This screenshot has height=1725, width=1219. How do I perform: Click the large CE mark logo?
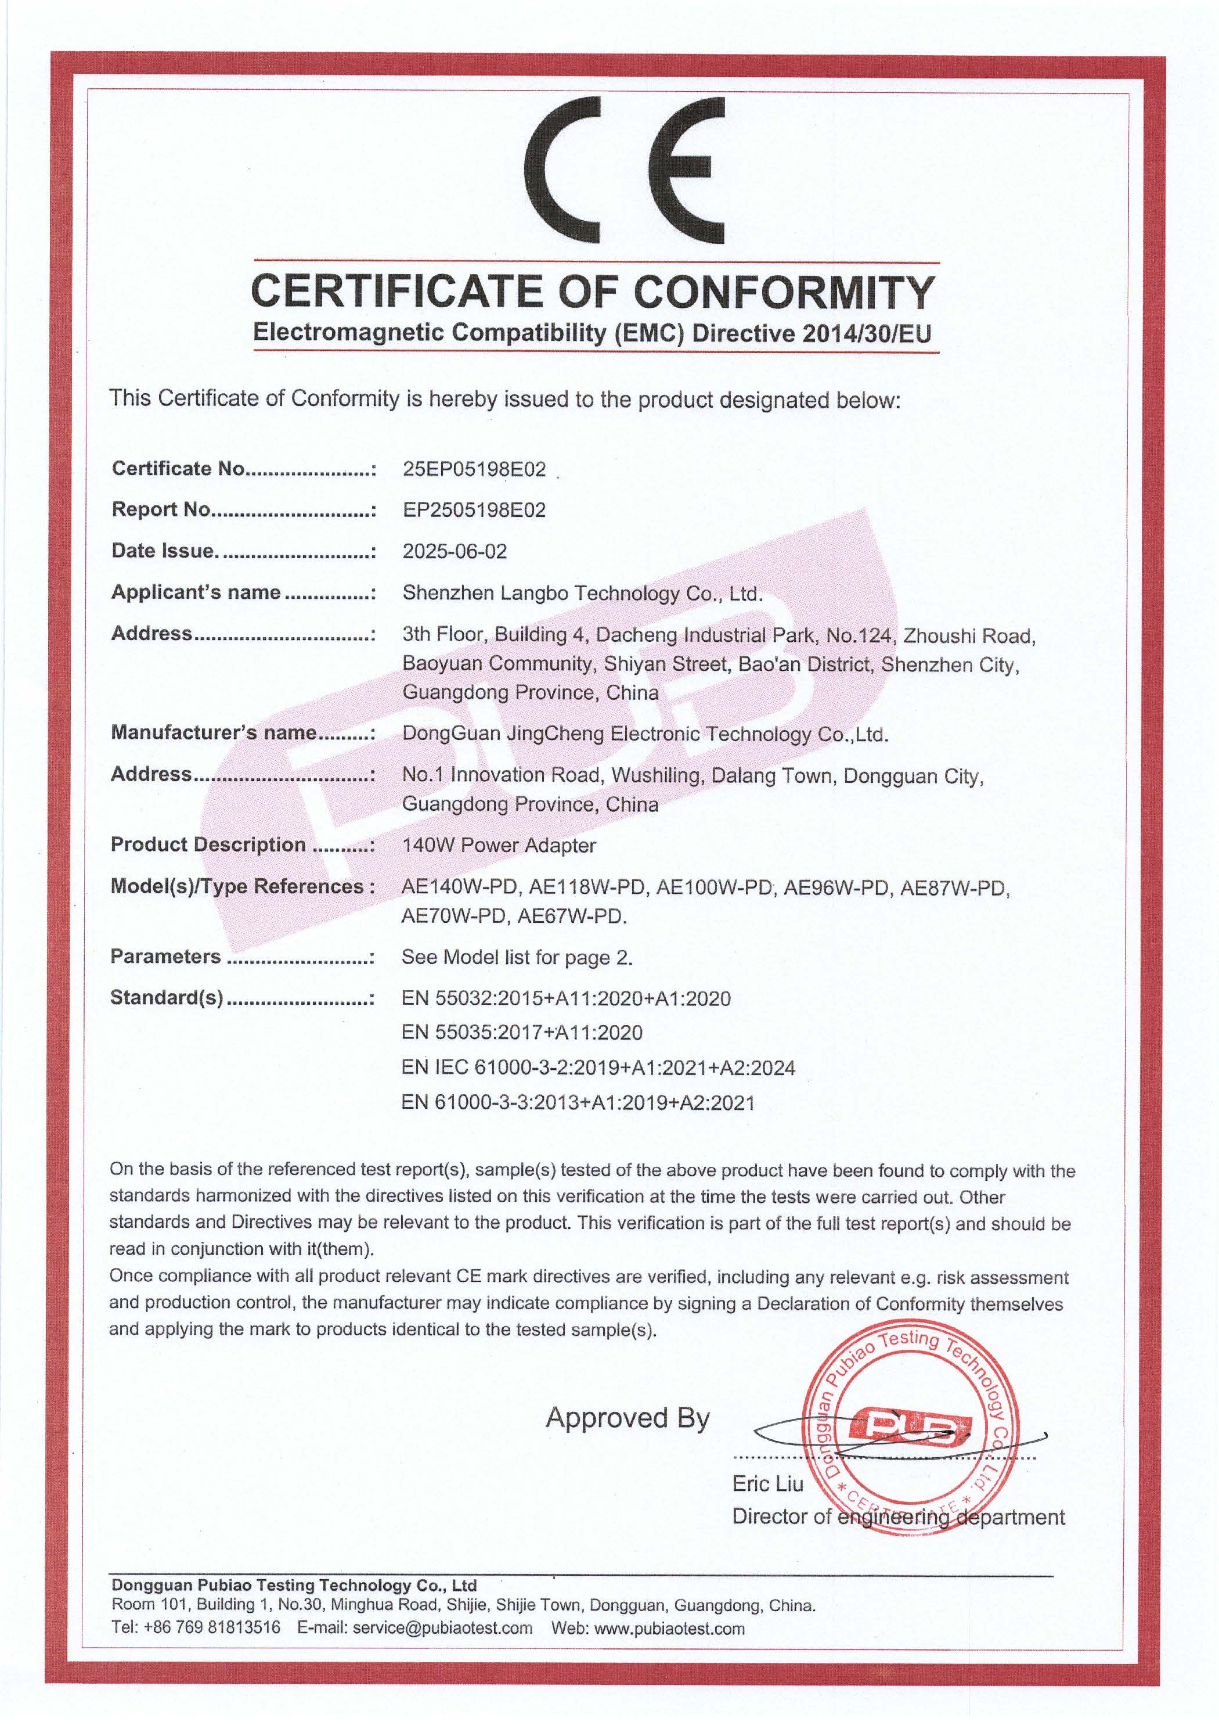pos(623,171)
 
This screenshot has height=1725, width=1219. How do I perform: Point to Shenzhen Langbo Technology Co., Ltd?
pos(582,594)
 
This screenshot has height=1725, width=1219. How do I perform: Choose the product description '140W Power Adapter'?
pos(499,846)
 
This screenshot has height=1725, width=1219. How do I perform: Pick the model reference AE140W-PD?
pos(460,888)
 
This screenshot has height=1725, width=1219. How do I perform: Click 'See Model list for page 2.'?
pos(517,958)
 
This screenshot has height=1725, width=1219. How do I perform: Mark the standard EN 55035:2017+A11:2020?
pos(522,1033)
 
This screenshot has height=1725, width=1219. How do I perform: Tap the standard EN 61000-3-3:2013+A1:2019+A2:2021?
pos(578,1103)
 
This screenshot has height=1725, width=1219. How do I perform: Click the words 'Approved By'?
pos(627,1418)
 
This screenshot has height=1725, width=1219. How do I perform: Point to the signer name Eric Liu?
pos(767,1484)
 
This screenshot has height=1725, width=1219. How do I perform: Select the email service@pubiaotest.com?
pos(442,1628)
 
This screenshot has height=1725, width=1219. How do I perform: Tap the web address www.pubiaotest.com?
pos(669,1629)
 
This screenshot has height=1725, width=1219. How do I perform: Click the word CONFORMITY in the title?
pos(784,293)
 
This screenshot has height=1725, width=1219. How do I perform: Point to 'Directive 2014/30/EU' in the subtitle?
pos(811,333)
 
